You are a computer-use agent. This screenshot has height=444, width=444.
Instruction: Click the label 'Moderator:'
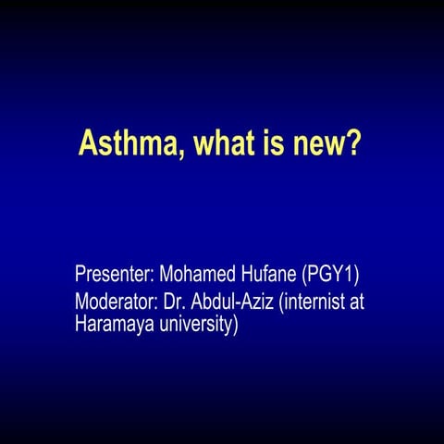tap(117, 302)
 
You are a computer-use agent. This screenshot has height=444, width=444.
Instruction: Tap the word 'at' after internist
tap(367, 302)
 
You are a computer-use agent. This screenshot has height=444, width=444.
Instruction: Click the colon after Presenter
tap(154, 277)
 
